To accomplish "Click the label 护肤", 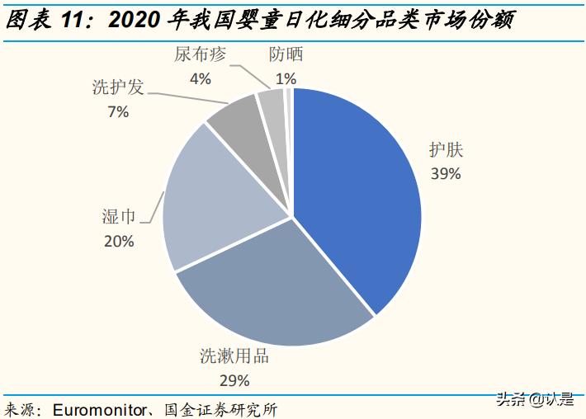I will (446, 150).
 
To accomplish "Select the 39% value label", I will (446, 173).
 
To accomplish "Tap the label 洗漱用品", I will (234, 357).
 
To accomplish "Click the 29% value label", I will (234, 380).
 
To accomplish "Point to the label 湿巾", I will (118, 216).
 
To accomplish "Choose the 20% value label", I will (118, 241).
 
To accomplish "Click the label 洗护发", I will (118, 87).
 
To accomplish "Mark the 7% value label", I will (118, 111).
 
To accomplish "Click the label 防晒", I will (286, 55).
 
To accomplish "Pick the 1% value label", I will (286, 79).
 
